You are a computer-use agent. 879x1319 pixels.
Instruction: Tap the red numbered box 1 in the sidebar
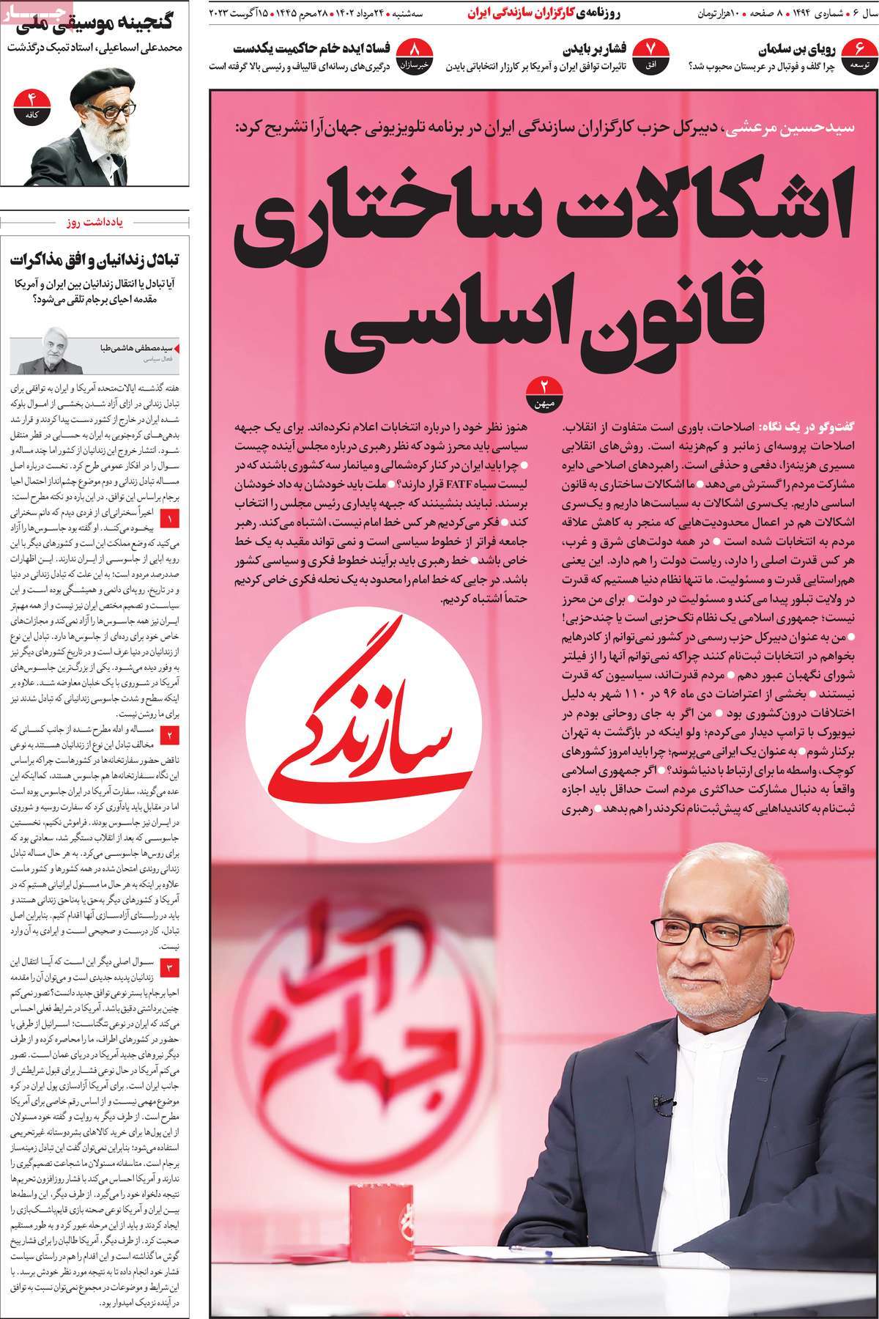pos(170,521)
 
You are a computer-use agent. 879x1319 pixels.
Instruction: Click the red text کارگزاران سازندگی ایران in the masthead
pos(516,13)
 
